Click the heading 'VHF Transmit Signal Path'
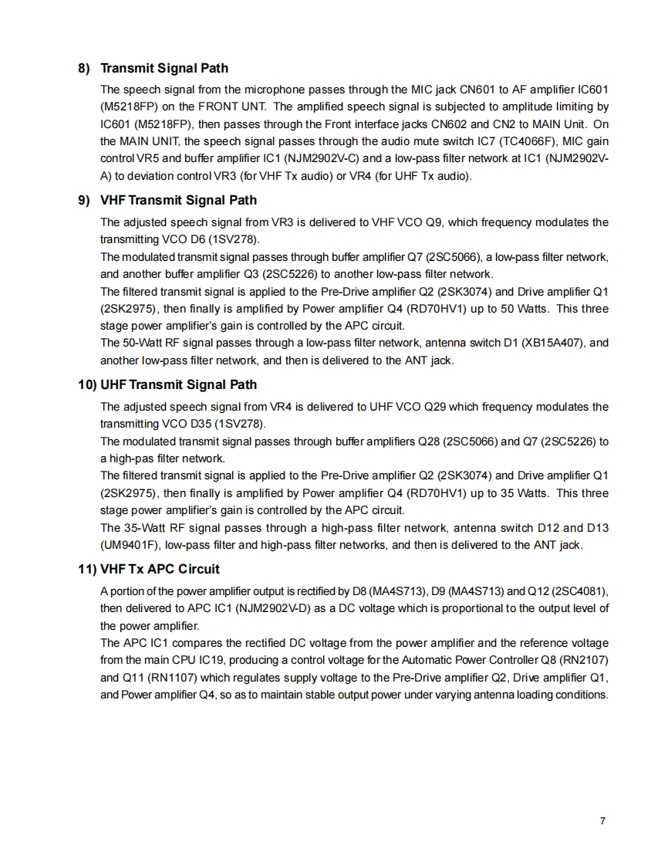(178, 201)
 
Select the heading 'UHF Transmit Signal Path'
(178, 385)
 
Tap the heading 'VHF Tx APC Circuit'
(160, 570)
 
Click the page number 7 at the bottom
(602, 820)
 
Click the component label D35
(190, 424)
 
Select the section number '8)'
(85, 69)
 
